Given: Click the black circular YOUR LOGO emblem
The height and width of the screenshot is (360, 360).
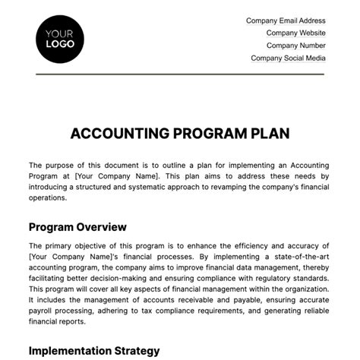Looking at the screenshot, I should click(59, 39).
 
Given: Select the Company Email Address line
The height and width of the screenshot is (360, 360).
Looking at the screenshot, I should click(286, 21).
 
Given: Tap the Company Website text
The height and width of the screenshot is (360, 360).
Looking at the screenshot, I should click(295, 33).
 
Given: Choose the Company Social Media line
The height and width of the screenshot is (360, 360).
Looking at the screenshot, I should click(288, 58).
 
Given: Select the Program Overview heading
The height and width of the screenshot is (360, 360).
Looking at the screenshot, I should click(77, 227).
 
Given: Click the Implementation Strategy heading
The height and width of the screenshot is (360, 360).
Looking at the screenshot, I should click(94, 351).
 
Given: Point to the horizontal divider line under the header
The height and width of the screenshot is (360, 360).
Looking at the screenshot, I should click(180, 74).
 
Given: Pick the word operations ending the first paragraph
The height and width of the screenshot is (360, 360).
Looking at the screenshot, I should click(49, 198).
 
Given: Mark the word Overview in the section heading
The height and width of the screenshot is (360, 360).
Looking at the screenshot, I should click(101, 227).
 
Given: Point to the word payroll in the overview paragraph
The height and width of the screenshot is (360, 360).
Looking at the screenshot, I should click(45, 311).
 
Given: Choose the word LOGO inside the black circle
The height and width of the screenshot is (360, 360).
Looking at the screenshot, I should click(59, 45).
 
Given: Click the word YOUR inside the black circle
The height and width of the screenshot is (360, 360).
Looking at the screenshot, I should click(59, 33).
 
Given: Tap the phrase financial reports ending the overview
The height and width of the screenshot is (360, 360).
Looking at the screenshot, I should click(58, 321).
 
